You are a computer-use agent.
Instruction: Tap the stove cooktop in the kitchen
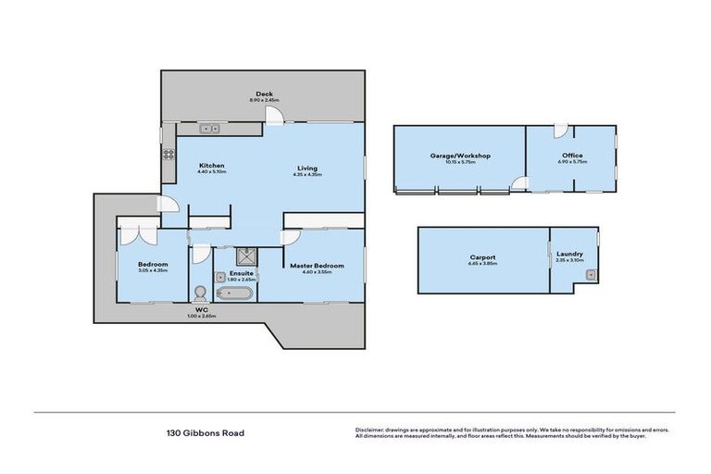pos(168,155)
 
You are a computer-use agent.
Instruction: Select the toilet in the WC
pos(200,293)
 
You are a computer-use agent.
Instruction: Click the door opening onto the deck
pos(275,115)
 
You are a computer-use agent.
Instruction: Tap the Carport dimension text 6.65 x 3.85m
pos(482,263)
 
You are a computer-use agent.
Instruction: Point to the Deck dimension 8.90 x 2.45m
pos(264,100)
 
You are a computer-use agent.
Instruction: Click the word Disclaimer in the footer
pos(371,430)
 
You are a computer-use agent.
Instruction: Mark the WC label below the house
pos(199,311)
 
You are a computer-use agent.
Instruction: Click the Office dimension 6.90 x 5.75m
pos(571,161)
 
